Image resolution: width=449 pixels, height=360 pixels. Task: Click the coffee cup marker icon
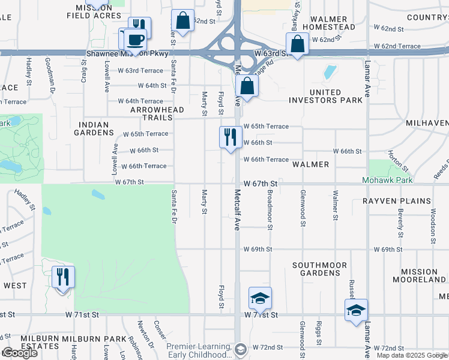tap(136, 40)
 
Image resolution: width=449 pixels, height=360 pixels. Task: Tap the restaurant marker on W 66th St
tap(231, 137)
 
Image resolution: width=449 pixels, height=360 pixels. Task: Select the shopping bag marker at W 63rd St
tap(297, 44)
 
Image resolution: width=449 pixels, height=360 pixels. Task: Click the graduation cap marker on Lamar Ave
tap(356, 310)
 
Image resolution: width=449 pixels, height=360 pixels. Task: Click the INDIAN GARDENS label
tap(94, 129)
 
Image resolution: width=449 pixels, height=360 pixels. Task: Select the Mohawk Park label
tap(387, 180)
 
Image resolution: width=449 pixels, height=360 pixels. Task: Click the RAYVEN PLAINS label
tap(397, 201)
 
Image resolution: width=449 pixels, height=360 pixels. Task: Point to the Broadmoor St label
tap(270, 210)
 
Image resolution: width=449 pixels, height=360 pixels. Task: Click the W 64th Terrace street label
tap(140, 101)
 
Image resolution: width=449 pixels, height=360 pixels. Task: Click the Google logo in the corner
tap(20, 353)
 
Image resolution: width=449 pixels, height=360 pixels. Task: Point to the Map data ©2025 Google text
tap(412, 355)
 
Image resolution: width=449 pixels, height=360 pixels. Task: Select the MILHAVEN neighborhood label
tap(427, 122)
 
